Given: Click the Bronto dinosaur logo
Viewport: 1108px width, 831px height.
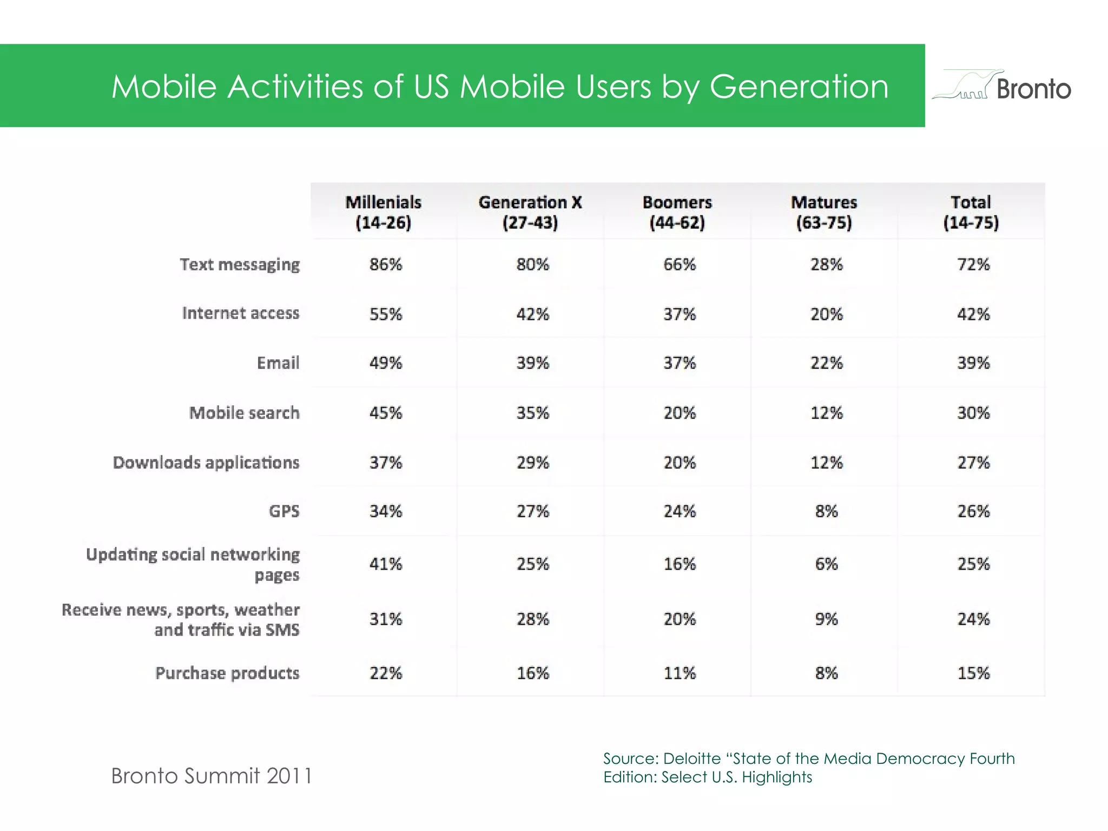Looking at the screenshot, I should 1001,85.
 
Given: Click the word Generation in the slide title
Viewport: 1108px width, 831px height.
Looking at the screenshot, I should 799,87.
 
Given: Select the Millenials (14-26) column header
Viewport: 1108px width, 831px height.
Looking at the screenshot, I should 384,212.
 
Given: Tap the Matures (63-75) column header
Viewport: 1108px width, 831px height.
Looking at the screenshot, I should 824,212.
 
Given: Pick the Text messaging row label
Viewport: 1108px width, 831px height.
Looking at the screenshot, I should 240,265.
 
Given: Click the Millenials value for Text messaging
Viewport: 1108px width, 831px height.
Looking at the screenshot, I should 386,265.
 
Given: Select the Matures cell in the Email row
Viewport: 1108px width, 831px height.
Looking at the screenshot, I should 826,363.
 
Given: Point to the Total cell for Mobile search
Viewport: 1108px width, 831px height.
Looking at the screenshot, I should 973,413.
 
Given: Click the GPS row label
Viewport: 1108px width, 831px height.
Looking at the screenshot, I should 284,511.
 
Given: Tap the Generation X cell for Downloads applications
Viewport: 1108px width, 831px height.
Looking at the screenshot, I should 533,463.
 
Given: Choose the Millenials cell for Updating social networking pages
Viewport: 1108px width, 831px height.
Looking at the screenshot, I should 386,564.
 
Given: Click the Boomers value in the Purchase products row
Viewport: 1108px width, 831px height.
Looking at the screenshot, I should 680,674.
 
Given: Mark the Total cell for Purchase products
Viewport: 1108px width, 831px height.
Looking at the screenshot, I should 973,674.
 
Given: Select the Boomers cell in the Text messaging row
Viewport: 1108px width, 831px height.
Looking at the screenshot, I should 680,265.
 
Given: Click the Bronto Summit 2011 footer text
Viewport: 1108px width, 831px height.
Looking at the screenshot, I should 212,776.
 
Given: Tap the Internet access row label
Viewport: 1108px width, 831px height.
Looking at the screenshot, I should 241,313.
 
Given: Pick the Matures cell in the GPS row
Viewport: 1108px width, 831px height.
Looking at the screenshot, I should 826,511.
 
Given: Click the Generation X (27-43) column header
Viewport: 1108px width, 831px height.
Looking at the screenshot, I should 530,212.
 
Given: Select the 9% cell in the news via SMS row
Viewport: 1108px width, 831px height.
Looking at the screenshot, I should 826,619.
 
